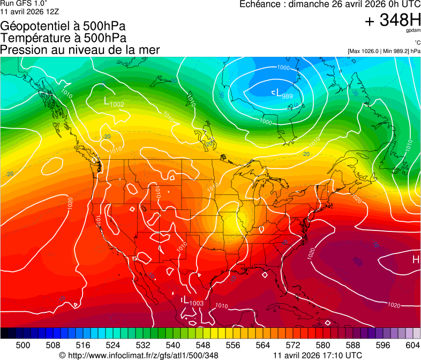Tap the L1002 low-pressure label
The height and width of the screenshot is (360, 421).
(114, 101)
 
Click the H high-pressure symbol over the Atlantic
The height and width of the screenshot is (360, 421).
(415, 260)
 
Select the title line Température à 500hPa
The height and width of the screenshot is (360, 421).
(64, 38)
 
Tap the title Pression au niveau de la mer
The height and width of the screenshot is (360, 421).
(80, 50)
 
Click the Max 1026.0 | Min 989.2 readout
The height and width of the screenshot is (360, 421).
(384, 51)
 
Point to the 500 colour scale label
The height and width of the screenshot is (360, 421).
(23, 345)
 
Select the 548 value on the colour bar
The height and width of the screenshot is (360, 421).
(203, 345)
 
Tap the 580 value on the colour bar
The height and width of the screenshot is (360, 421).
(323, 345)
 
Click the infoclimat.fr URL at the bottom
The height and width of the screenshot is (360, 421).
(139, 355)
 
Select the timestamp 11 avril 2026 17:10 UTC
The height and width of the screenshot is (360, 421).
(317, 355)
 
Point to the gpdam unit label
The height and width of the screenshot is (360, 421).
(413, 31)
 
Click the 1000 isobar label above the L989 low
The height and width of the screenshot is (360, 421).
(283, 68)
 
